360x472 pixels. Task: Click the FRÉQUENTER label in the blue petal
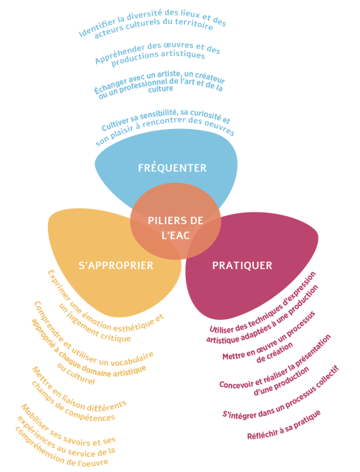(x=172, y=167)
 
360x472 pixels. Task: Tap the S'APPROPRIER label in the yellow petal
(x=116, y=265)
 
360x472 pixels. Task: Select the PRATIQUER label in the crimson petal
(x=242, y=265)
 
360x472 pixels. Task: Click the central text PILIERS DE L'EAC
(x=176, y=228)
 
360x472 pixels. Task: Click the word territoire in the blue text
(x=197, y=24)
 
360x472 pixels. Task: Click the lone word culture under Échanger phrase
(x=161, y=89)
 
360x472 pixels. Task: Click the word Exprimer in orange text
(x=59, y=284)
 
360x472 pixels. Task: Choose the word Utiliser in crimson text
(x=221, y=328)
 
